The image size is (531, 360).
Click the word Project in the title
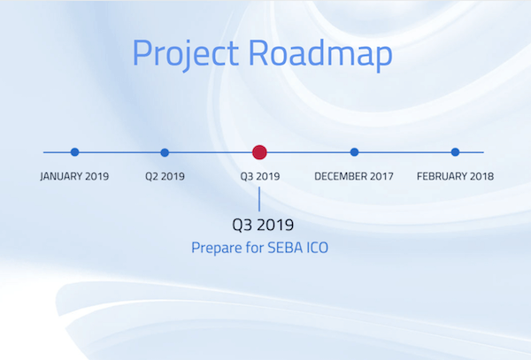[x=186, y=55]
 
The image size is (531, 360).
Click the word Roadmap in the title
[x=320, y=53]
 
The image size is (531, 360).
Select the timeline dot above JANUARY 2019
[x=75, y=152]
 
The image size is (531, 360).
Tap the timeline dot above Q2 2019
[x=165, y=153]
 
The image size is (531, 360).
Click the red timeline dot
[x=259, y=152]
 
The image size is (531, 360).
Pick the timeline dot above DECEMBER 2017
[x=354, y=152]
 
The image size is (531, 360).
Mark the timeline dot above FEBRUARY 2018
[x=455, y=152]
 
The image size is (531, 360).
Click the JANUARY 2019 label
[x=74, y=176]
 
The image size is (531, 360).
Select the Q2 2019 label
[x=165, y=176]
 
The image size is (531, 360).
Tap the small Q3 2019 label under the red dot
[x=260, y=176]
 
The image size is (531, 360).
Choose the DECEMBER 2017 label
[x=354, y=176]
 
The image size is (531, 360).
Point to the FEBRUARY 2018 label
[x=455, y=176]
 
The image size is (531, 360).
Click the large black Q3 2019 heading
[x=263, y=225]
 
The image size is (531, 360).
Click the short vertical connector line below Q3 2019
[x=259, y=199]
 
